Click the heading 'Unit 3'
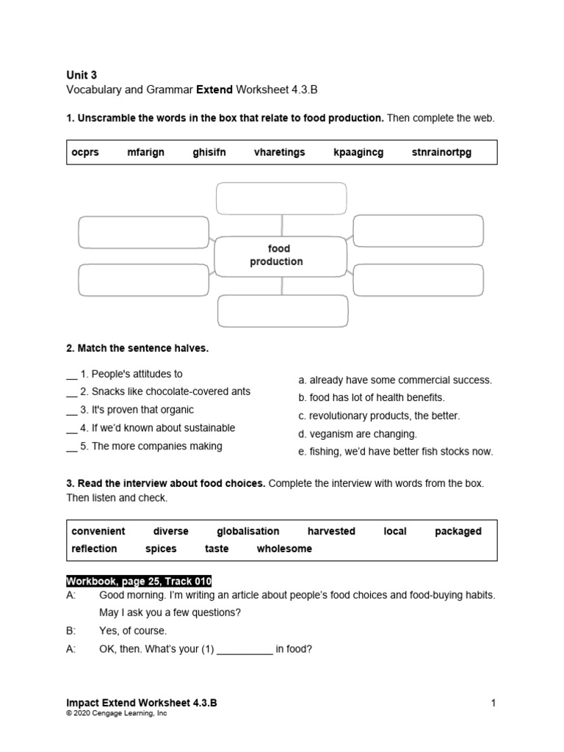click(x=81, y=74)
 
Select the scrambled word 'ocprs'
click(x=85, y=152)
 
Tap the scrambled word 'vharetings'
click(x=279, y=152)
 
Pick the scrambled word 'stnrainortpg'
click(x=441, y=152)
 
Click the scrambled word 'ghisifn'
click(x=209, y=152)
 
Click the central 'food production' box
click(x=280, y=256)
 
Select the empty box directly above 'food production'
click(x=280, y=198)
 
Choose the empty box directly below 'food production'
click(x=283, y=311)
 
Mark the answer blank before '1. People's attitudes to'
click(x=71, y=375)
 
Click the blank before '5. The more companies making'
click(x=71, y=446)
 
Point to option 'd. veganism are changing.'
click(x=357, y=434)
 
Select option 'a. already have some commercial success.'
click(x=394, y=380)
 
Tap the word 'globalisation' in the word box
click(x=247, y=531)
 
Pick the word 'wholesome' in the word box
click(x=284, y=549)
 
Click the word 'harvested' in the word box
click(x=331, y=531)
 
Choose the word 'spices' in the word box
click(x=161, y=549)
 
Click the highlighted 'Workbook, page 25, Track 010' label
click(x=139, y=580)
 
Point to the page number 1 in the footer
click(x=493, y=703)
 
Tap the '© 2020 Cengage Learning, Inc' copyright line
click(x=116, y=713)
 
